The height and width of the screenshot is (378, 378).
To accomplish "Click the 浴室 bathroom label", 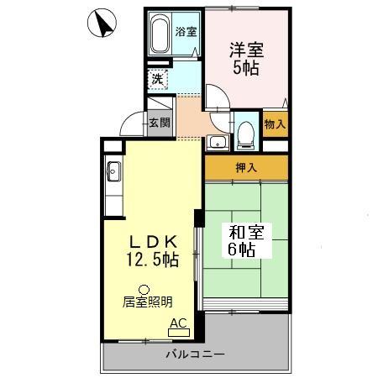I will coord(186,33).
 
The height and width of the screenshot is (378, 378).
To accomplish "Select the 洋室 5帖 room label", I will coord(244,59).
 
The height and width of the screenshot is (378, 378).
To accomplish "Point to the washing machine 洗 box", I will coord(158,80).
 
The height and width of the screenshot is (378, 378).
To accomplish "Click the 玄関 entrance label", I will coord(160,122).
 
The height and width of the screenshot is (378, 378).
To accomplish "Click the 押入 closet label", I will coord(245,167).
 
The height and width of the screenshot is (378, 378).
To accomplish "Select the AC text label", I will coord(178,322).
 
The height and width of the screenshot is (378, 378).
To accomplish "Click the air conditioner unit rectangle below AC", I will coord(179,333).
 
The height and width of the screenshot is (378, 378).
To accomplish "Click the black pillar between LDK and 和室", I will coord(197,217).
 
